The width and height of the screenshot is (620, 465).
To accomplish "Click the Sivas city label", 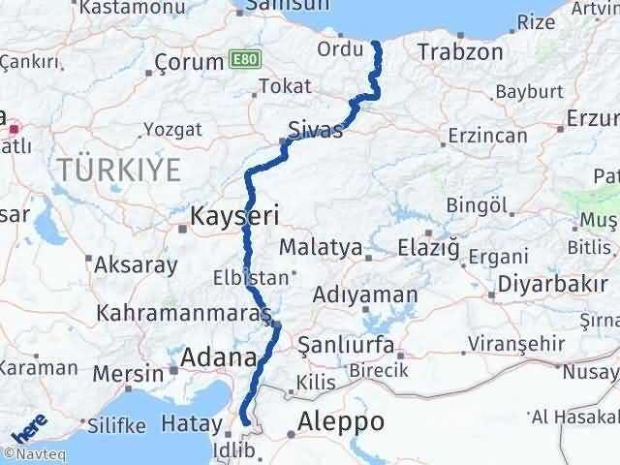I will coord(316,130).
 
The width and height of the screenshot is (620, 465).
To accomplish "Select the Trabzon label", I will coord(461,51).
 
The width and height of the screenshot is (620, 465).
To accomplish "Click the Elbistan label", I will coord(251,277).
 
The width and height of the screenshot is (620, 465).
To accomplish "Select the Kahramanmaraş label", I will coord(182,315).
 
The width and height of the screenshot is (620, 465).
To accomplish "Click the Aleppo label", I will coord(341,421).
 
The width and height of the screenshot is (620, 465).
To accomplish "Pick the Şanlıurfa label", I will coord(346,345).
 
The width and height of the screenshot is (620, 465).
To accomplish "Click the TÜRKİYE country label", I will coord(119,170).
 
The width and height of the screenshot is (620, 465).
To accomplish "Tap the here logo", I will coord(28,427).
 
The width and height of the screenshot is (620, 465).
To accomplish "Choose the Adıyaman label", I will coord(366,294).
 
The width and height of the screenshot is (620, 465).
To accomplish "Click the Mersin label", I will coord(129,373).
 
